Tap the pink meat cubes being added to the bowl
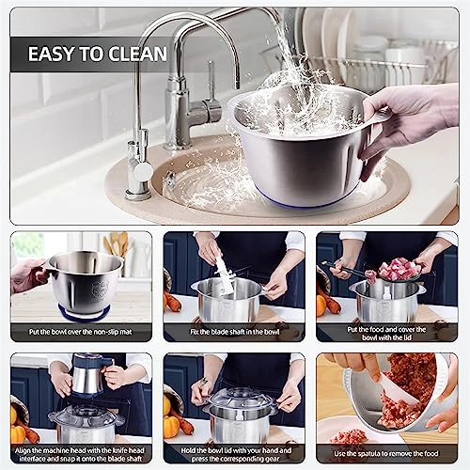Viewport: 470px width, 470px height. (399, 269)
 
